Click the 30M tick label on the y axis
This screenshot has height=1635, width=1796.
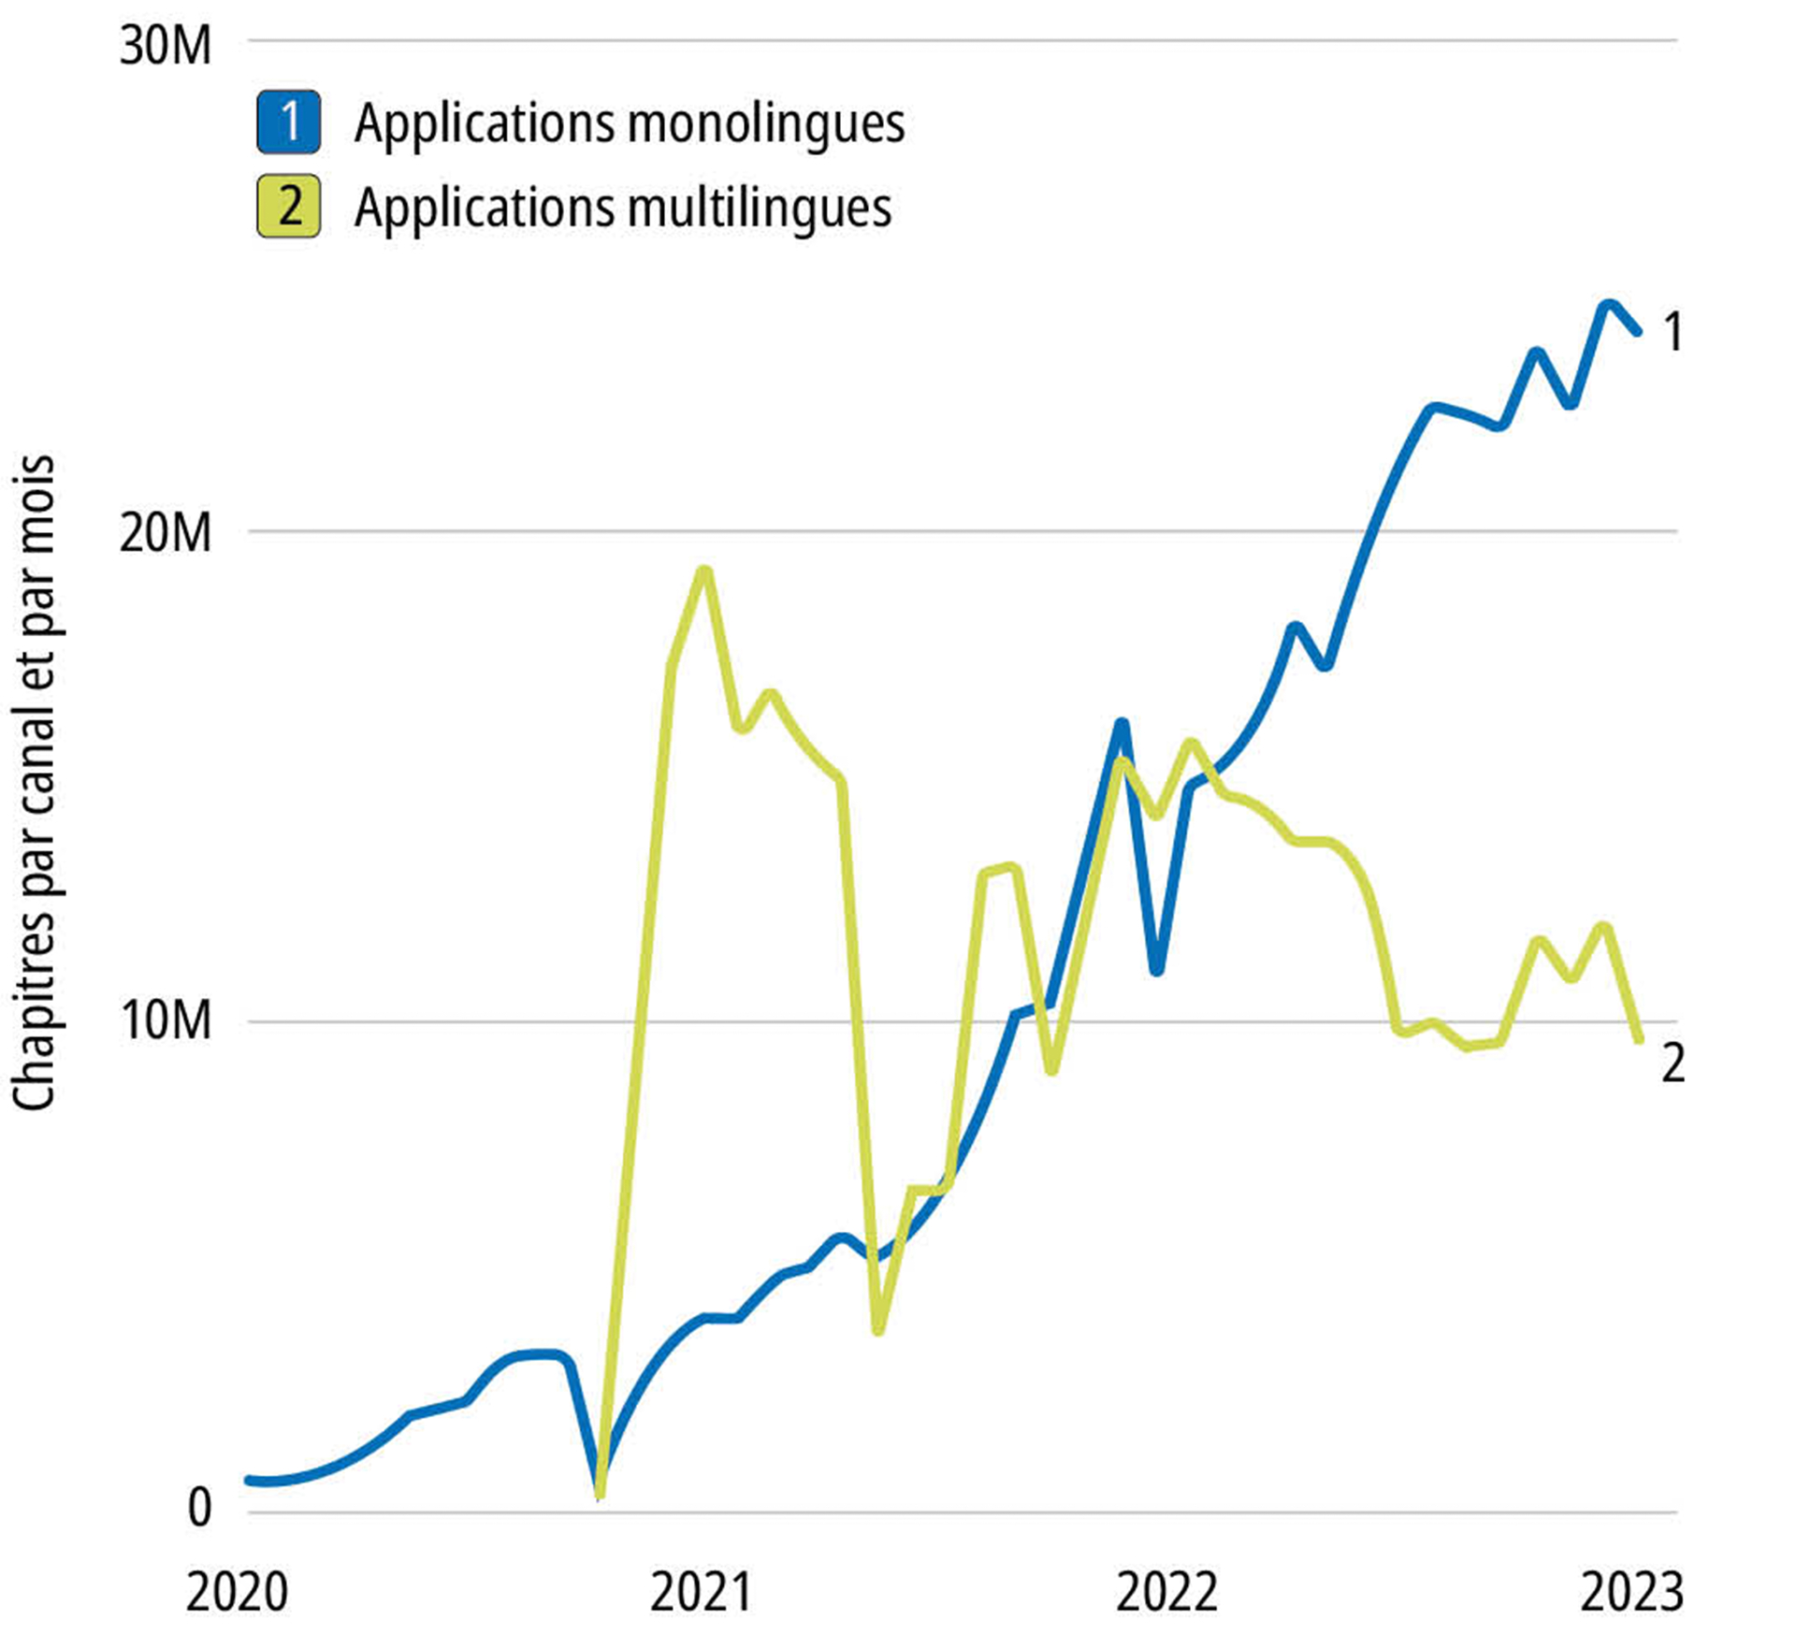tap(166, 45)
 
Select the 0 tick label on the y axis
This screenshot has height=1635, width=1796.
tap(199, 1508)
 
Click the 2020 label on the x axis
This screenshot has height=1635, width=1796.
tap(237, 1592)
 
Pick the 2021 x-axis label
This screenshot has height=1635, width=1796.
tap(701, 1592)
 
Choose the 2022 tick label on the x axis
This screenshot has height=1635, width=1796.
tap(1166, 1592)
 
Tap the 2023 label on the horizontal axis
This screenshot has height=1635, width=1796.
tap(1631, 1592)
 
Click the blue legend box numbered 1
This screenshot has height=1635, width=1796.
tap(289, 122)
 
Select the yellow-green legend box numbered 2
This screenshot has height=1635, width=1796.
tap(289, 206)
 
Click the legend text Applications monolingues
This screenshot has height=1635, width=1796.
tap(630, 123)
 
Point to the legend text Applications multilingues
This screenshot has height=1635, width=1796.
tap(623, 208)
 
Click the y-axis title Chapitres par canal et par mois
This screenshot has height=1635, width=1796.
tap(35, 784)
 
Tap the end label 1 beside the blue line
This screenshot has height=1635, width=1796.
tap(1673, 332)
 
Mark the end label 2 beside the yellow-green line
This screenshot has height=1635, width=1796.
tap(1673, 1063)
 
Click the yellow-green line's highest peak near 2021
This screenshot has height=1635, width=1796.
tap(705, 571)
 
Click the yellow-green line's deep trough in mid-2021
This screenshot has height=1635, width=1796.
tap(877, 1329)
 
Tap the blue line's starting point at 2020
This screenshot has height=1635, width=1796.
tap(250, 1480)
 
